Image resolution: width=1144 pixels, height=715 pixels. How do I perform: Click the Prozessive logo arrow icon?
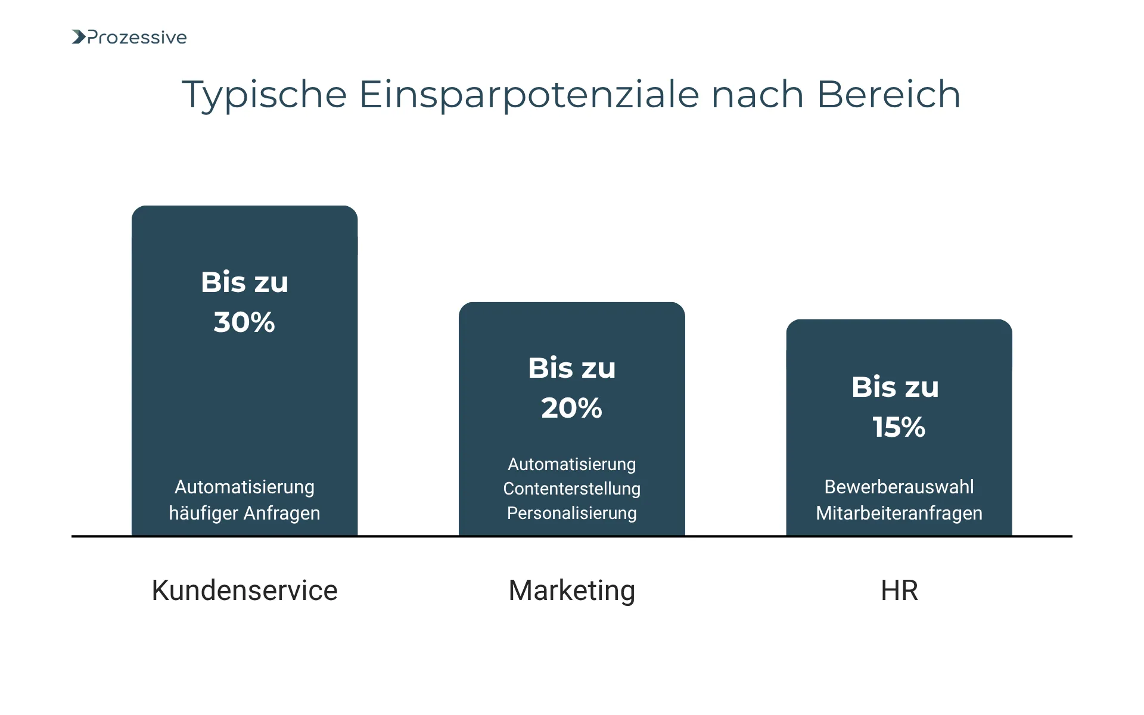(x=79, y=37)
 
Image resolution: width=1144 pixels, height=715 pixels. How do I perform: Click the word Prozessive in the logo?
(x=137, y=38)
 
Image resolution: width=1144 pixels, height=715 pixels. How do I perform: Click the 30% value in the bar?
(x=244, y=322)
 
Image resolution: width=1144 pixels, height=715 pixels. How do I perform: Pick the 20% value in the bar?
(x=571, y=408)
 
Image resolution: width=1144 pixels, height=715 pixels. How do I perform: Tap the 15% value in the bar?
(x=899, y=427)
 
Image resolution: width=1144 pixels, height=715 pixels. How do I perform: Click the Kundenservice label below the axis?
(x=244, y=590)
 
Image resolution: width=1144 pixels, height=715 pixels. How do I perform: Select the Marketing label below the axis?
(x=571, y=590)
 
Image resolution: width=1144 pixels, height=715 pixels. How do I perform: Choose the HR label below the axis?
(x=899, y=590)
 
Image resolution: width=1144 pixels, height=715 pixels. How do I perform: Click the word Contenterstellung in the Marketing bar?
(x=571, y=489)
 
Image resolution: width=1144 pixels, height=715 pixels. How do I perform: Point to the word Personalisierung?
(x=571, y=513)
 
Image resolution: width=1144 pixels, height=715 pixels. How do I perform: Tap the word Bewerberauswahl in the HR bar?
(x=899, y=487)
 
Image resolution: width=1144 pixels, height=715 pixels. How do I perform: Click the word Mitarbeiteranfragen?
(x=899, y=513)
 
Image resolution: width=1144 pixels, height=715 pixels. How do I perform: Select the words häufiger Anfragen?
(x=244, y=513)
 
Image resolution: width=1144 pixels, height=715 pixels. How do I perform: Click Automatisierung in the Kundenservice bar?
(x=244, y=487)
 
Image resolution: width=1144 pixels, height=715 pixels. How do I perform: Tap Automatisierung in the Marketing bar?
(x=571, y=464)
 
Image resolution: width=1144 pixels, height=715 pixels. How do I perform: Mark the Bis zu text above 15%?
(x=895, y=387)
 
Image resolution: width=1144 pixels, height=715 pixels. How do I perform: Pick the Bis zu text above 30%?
(x=244, y=282)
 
